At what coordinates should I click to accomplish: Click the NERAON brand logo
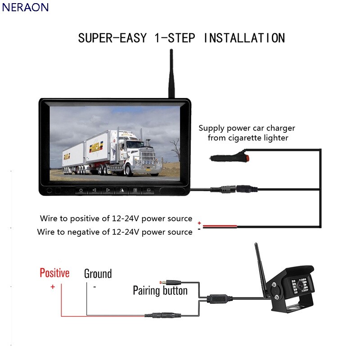[25, 7]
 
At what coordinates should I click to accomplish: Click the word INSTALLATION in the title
[244, 38]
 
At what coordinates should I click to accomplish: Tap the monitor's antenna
[171, 73]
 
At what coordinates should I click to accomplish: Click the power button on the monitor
[81, 190]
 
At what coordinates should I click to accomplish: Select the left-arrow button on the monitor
[94, 190]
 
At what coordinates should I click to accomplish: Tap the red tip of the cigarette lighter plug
[247, 158]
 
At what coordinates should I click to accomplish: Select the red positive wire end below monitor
[220, 226]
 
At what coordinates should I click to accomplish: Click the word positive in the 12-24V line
[85, 219]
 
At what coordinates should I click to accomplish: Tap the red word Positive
[54, 273]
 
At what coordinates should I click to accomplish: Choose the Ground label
[98, 274]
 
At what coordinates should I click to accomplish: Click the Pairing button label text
[160, 290]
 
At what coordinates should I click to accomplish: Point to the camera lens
[300, 285]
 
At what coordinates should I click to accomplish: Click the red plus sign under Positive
[53, 287]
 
